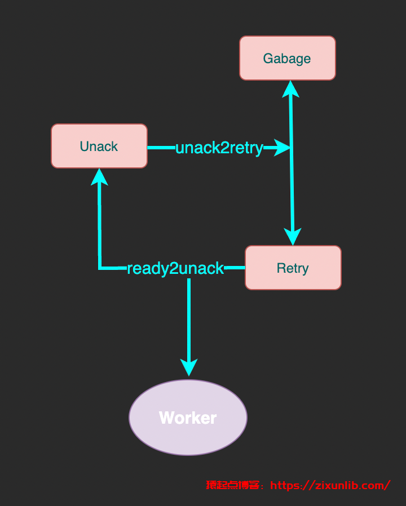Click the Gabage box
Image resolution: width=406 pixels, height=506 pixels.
tap(288, 58)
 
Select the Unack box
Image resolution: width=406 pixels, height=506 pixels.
tap(99, 146)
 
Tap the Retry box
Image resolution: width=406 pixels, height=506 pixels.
tap(293, 268)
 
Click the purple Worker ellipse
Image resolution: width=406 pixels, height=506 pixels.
tap(188, 418)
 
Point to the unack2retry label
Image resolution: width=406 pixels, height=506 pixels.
tap(219, 148)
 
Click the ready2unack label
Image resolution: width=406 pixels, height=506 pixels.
tap(175, 268)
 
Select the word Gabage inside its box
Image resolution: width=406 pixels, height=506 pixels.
tap(287, 59)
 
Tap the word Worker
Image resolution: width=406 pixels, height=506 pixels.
tap(188, 418)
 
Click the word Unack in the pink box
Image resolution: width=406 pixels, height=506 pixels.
tap(99, 147)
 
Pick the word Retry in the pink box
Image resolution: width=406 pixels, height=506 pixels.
tap(293, 268)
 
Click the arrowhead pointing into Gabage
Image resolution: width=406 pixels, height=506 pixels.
tap(291, 88)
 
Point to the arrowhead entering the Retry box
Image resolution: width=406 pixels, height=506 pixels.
tap(293, 237)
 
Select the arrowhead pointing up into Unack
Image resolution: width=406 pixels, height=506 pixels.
tap(99, 176)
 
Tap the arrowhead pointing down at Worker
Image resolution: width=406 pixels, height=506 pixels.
tap(189, 367)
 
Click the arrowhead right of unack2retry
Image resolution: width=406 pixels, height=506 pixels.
tap(281, 148)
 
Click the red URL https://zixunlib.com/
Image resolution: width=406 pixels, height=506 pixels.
tap(330, 485)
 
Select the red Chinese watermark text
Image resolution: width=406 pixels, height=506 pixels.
tap(232, 485)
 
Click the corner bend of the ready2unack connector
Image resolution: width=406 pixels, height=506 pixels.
tap(100, 268)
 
